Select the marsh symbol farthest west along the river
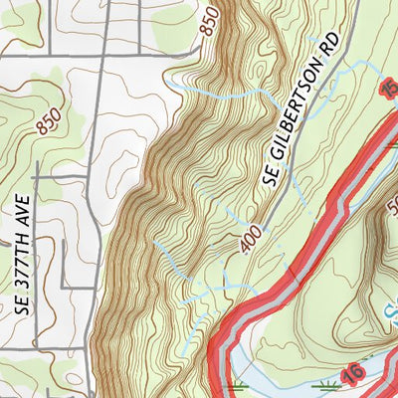point(237,382)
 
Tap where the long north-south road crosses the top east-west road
point(96,56)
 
